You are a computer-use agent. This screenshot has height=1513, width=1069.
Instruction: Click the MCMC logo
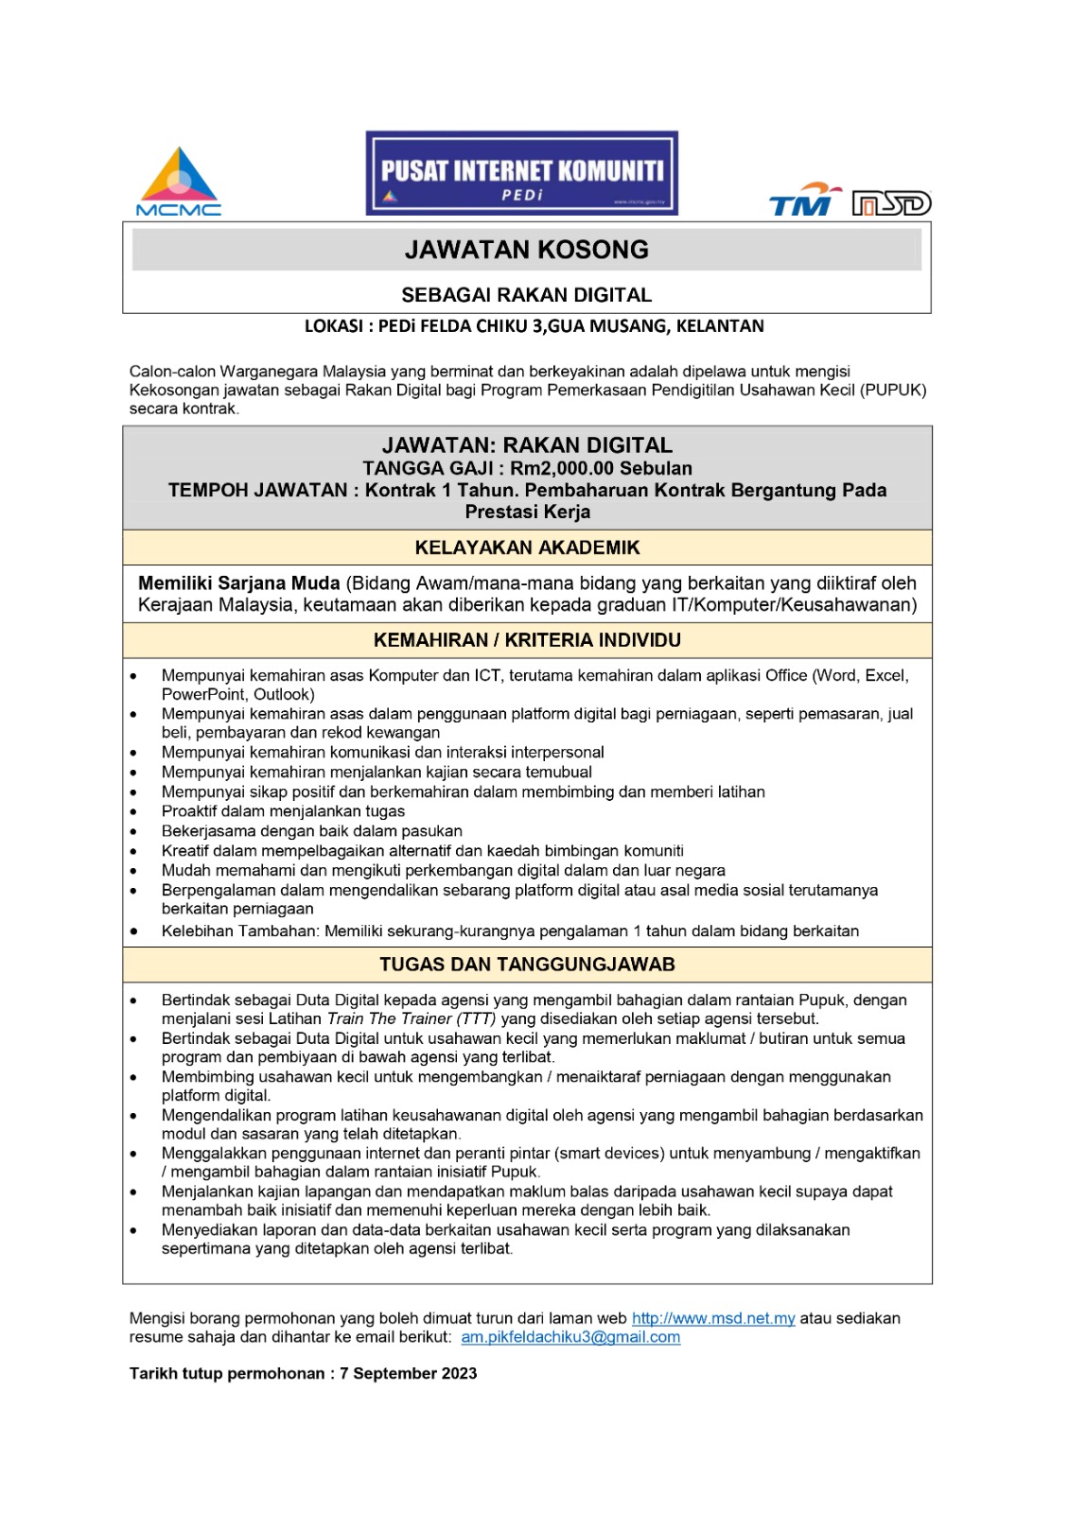(x=179, y=183)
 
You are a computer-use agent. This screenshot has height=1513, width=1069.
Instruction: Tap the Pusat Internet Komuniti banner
(x=522, y=173)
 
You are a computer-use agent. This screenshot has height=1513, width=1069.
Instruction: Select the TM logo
(x=804, y=200)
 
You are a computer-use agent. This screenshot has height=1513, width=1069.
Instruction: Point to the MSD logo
(x=891, y=203)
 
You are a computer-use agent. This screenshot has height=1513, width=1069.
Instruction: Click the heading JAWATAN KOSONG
(x=527, y=250)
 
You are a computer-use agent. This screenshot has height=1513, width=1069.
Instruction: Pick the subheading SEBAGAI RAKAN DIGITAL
(x=527, y=295)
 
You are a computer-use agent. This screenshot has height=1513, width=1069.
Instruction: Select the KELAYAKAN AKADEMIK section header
(x=527, y=548)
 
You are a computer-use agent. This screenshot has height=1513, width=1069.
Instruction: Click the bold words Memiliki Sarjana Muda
(x=239, y=583)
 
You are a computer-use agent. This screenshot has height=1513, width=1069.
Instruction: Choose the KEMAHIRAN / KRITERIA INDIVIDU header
(x=527, y=640)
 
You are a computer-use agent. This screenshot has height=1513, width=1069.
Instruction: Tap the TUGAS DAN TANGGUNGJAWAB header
(x=527, y=965)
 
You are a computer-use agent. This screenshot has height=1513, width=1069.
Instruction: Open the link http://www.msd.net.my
(x=713, y=1318)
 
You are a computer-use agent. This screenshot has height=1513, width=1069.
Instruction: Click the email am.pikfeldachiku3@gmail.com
(x=570, y=1337)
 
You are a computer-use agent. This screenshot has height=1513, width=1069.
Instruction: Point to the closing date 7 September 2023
(x=409, y=1373)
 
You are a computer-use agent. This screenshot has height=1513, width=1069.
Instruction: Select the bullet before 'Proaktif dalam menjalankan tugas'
(x=134, y=812)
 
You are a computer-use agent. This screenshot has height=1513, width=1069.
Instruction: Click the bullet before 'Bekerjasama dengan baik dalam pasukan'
(x=134, y=832)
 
